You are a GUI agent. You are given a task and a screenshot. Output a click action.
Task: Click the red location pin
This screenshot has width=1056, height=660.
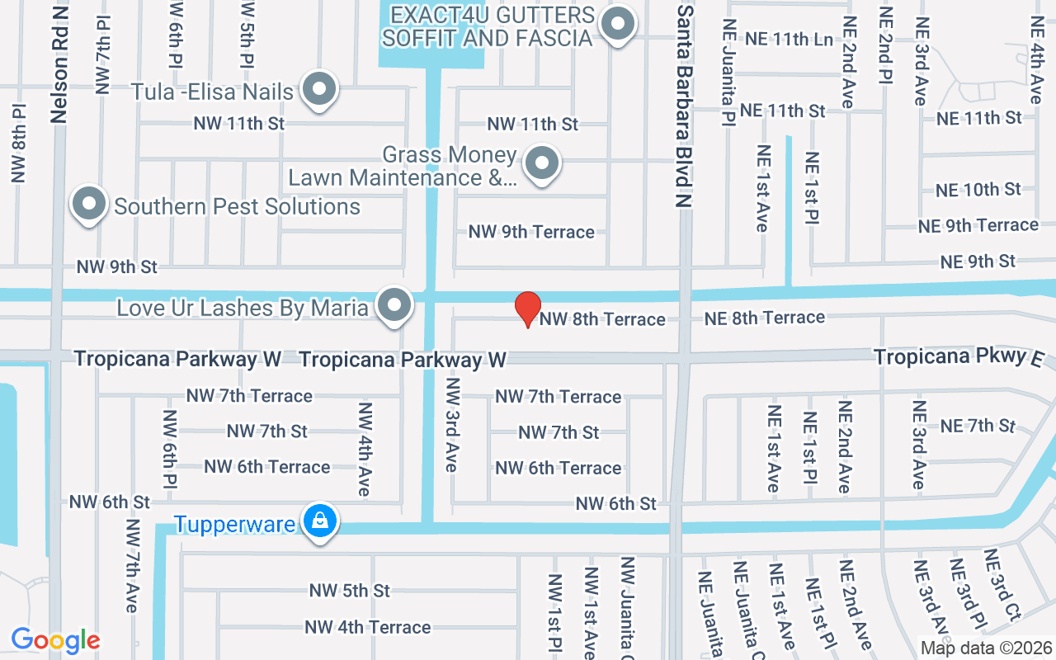528,308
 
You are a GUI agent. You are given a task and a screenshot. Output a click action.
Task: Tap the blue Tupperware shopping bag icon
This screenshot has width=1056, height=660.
319,521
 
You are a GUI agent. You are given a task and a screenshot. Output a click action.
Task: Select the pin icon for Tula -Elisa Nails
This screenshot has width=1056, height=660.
319,89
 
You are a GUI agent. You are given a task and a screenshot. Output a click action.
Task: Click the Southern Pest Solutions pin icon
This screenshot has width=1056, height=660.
89,204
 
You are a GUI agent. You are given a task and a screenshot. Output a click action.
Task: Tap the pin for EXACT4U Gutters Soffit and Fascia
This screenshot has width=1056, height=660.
618,25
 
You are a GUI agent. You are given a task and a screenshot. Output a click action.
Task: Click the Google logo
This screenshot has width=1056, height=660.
55,640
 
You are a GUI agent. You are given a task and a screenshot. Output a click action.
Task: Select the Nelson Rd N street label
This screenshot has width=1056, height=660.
59,62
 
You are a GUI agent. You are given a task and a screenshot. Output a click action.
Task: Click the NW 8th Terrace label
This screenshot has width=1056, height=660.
602,319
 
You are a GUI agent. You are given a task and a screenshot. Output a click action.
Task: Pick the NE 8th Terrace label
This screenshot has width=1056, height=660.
764,318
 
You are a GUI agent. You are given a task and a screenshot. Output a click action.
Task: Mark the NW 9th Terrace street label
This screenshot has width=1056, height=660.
531,232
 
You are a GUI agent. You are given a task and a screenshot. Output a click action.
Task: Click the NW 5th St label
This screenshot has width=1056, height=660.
350,591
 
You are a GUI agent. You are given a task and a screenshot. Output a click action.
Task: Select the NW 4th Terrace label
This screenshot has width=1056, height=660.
368,627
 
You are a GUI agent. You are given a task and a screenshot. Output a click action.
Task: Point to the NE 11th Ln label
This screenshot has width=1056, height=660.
789,39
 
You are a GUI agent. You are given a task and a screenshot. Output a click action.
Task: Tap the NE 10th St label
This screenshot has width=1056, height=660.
978,190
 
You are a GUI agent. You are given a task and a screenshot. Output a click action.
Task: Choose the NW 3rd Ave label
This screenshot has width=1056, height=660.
451,425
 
